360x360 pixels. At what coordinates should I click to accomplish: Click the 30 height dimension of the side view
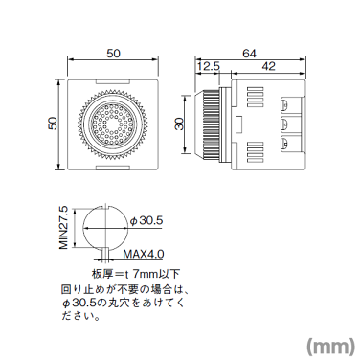pos(181,125)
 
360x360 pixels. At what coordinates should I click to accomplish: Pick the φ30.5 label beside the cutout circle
pos(148,221)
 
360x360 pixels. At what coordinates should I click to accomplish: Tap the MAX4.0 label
pos(145,255)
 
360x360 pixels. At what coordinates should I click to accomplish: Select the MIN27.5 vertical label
pos(64,226)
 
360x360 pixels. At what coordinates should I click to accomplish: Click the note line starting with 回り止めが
pos(120,288)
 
